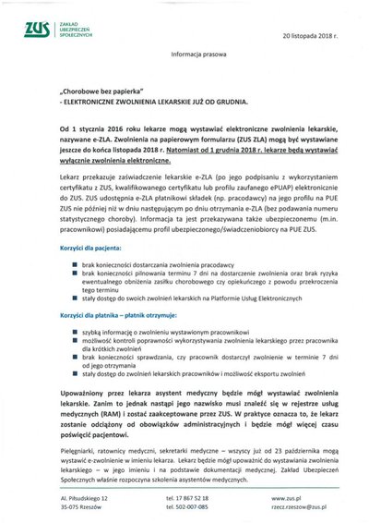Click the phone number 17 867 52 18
tap(191, 498)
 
